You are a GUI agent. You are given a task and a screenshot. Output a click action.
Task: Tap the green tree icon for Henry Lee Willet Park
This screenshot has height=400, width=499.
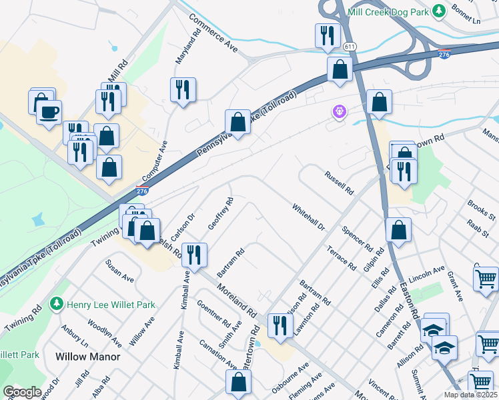pos(57,305)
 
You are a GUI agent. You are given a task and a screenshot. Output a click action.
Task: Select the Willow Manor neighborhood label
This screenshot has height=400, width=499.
pos(88,357)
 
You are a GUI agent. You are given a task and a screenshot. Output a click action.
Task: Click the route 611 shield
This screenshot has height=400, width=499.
pos(350,47)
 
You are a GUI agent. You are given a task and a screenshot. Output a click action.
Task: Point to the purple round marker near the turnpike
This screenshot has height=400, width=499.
pos(340,111)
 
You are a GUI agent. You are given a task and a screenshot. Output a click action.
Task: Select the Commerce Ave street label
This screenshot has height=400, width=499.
pos(213,33)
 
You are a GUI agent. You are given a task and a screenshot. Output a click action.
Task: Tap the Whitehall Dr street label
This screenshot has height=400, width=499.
pos(308,217)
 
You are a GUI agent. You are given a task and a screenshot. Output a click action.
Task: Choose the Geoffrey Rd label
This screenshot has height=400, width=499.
pos(221,213)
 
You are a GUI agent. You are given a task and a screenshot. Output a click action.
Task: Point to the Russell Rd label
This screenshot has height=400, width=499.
pos(339,183)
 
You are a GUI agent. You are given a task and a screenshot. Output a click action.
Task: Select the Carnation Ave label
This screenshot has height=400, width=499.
pos(218,353)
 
